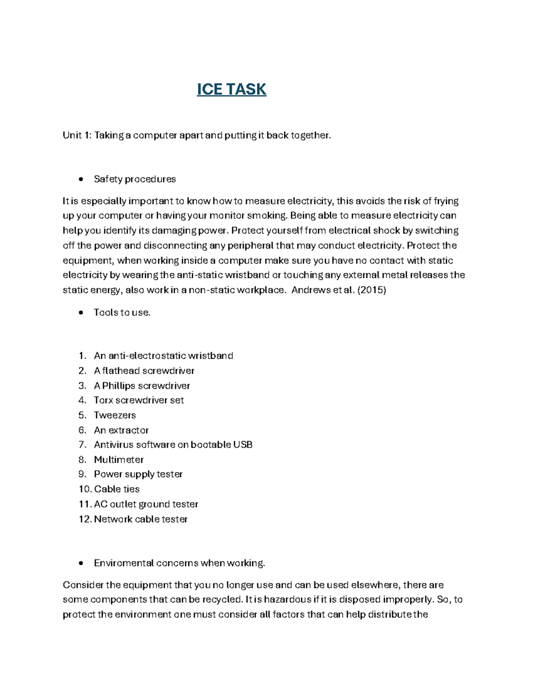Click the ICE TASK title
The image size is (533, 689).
(231, 89)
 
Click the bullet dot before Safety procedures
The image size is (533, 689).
(80, 179)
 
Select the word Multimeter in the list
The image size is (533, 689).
(119, 460)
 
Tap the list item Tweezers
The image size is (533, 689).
(115, 415)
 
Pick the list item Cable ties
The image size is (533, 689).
(117, 489)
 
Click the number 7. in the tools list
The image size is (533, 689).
(82, 445)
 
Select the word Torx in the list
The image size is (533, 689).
(103, 400)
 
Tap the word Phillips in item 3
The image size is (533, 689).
(119, 386)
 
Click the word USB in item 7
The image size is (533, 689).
(243, 445)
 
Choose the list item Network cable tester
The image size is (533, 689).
(141, 519)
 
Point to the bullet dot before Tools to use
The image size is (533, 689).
(80, 313)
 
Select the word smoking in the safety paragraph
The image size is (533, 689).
(267, 216)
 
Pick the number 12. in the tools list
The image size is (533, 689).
(85, 519)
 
